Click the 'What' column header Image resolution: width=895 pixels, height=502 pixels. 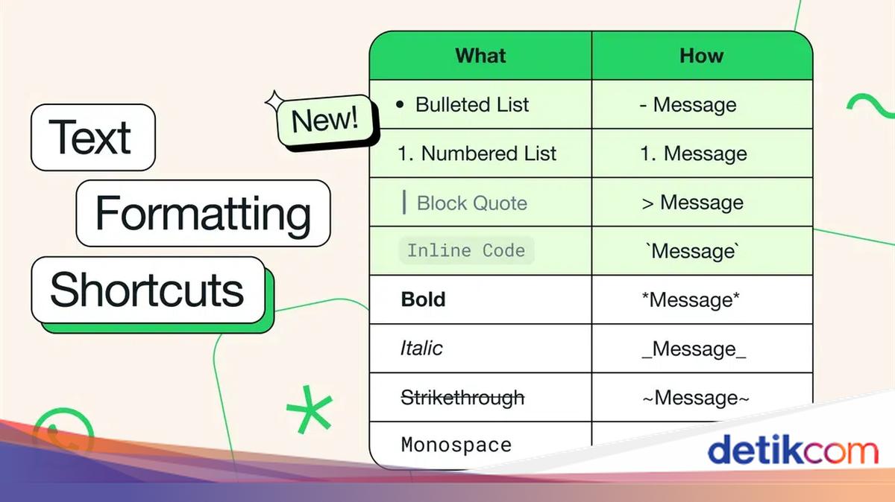[480, 55]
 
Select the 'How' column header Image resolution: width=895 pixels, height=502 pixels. [702, 55]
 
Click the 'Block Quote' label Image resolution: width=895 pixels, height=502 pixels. [472, 203]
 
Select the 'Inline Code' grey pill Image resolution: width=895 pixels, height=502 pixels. [467, 250]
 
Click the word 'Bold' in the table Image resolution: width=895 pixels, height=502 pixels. [423, 299]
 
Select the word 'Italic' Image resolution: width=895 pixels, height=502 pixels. [421, 348]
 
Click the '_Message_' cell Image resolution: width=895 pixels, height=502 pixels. [694, 349]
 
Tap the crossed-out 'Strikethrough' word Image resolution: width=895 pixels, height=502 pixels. [462, 398]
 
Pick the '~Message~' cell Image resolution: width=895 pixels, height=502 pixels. [696, 398]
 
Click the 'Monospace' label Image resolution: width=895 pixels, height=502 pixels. [456, 445]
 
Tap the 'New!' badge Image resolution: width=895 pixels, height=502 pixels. [325, 120]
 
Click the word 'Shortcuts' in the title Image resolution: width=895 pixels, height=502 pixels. [147, 290]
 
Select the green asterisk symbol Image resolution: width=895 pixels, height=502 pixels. [310, 410]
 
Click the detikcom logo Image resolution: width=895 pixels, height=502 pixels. [793, 450]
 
